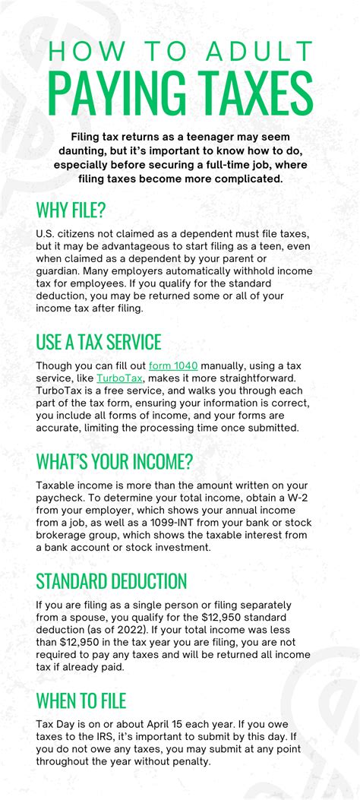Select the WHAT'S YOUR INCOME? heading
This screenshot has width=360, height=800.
pyautogui.click(x=114, y=461)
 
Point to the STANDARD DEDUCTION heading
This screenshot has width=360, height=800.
pyautogui.click(x=111, y=581)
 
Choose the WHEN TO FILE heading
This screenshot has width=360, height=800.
pyautogui.click(x=81, y=700)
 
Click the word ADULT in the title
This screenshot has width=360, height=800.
pyautogui.click(x=246, y=52)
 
